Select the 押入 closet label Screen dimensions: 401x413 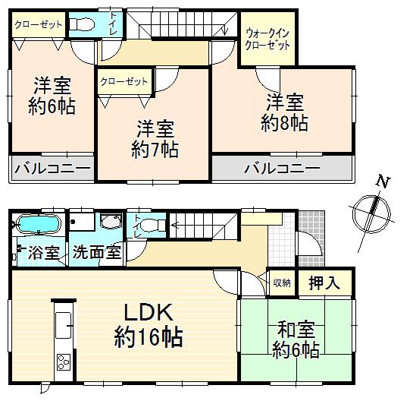pyautogui.click(x=324, y=283)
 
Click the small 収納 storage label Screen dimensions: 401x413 pyautogui.click(x=281, y=283)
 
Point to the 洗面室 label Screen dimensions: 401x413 pyautogui.click(x=97, y=252)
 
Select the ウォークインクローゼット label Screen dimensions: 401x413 pyautogui.click(x=268, y=39)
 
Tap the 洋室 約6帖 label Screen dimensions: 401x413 pyautogui.click(x=52, y=96)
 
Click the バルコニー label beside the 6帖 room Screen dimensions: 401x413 pyautogui.click(x=52, y=168)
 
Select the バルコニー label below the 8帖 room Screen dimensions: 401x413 pyautogui.click(x=282, y=168)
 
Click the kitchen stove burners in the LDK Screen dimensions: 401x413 pyautogui.click(x=62, y=361)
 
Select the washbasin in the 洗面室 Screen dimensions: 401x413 pyautogui.click(x=110, y=223)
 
